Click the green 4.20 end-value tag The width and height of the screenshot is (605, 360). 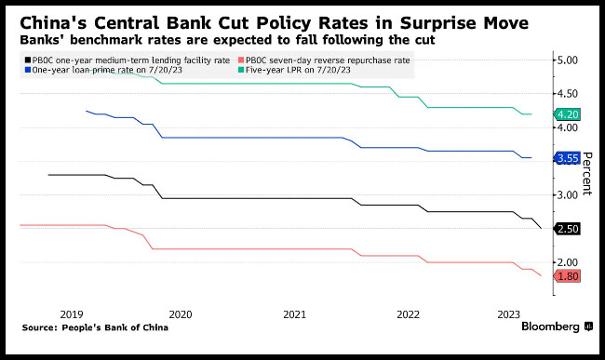(x=567, y=114)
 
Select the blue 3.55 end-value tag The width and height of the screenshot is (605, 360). (x=567, y=158)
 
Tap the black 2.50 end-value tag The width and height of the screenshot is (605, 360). (x=567, y=229)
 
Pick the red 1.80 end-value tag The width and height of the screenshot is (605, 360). (x=567, y=276)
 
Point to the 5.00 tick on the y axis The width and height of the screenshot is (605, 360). (x=568, y=60)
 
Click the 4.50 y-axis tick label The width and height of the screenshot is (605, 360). (x=568, y=94)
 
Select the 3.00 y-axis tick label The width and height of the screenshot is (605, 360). (x=568, y=195)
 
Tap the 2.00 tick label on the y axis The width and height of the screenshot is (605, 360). (x=568, y=262)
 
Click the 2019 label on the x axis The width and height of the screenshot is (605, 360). (x=72, y=314)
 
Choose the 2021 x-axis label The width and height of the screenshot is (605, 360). (x=294, y=314)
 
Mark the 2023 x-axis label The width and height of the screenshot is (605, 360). (x=508, y=314)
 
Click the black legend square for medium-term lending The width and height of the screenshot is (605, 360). (x=28, y=60)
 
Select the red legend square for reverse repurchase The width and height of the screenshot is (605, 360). (x=241, y=60)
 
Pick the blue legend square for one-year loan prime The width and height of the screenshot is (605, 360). (x=28, y=70)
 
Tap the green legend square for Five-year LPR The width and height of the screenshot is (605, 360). (x=241, y=70)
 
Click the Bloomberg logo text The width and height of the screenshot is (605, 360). (x=551, y=327)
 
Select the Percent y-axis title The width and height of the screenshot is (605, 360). (x=586, y=173)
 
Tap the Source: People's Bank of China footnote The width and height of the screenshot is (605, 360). (x=95, y=327)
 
